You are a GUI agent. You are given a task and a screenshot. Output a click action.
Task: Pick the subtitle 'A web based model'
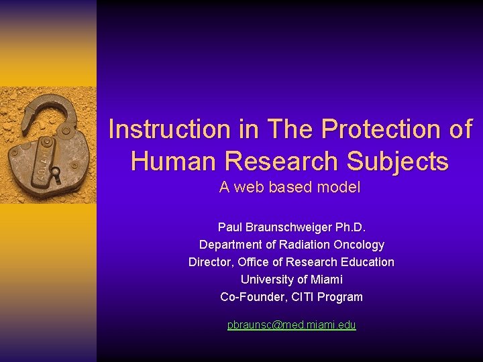(290, 188)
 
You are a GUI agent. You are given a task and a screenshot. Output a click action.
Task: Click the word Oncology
(359, 245)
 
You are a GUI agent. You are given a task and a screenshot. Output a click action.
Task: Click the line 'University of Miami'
(291, 280)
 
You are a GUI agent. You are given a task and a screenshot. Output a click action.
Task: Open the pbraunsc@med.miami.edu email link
(291, 325)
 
